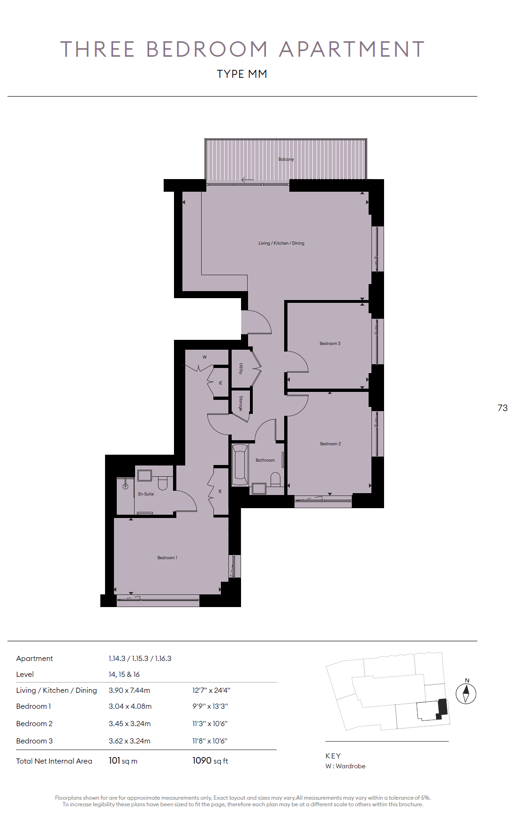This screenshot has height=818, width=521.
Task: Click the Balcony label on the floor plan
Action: point(286,159)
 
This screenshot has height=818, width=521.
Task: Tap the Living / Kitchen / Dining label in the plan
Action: point(281,243)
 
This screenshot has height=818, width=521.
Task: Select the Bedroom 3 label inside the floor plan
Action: point(330,344)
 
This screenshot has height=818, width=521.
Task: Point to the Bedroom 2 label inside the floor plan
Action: point(331,444)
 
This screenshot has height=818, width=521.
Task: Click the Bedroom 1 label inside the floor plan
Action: point(167,558)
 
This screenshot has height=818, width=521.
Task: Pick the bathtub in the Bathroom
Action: point(240,465)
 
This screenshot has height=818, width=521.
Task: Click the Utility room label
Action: point(241,368)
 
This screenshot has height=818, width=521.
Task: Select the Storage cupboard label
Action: point(241,403)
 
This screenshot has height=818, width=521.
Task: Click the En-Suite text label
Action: point(146,494)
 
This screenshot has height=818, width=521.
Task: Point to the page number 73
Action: point(503,408)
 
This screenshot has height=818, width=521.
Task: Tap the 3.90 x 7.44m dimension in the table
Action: point(129,690)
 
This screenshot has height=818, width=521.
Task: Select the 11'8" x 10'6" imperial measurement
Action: point(210,741)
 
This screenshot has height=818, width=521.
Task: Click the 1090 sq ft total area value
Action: point(210,761)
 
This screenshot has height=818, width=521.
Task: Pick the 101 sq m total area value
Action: point(123,761)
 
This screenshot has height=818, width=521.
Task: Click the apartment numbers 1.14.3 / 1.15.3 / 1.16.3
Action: point(140,659)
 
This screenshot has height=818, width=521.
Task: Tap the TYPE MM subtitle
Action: point(242,74)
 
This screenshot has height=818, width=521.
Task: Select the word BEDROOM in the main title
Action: point(207,49)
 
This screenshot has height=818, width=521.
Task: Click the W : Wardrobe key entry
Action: point(346,766)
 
